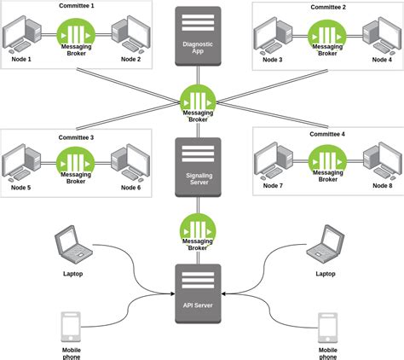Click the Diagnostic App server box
tap(198, 35)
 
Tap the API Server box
tap(198, 293)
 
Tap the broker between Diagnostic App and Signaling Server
tap(198, 100)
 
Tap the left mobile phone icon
tap(72, 327)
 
